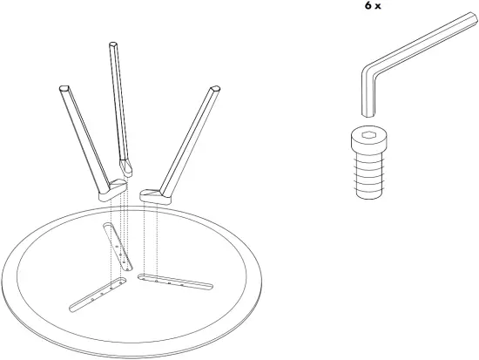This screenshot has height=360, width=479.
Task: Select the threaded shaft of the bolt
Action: pos(368,174)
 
